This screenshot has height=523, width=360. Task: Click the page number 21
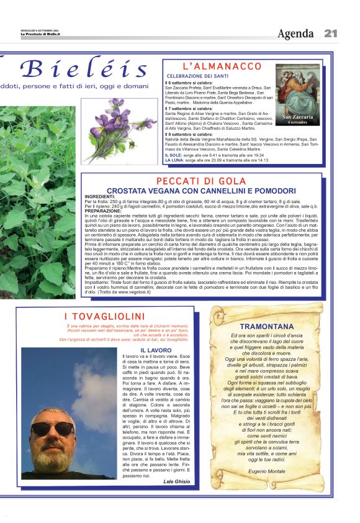[x=331, y=33]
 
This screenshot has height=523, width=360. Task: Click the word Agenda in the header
[x=295, y=33]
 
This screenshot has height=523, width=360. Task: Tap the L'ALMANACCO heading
[x=222, y=66]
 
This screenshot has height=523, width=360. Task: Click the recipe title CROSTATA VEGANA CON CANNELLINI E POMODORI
[x=202, y=190]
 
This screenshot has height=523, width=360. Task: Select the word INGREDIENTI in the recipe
[x=99, y=196]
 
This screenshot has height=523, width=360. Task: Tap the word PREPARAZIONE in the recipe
[x=103, y=211]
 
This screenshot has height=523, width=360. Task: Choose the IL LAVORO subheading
[x=156, y=350]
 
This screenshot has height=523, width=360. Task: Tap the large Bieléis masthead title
[x=83, y=68]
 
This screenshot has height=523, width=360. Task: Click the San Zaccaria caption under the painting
[x=298, y=117]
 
